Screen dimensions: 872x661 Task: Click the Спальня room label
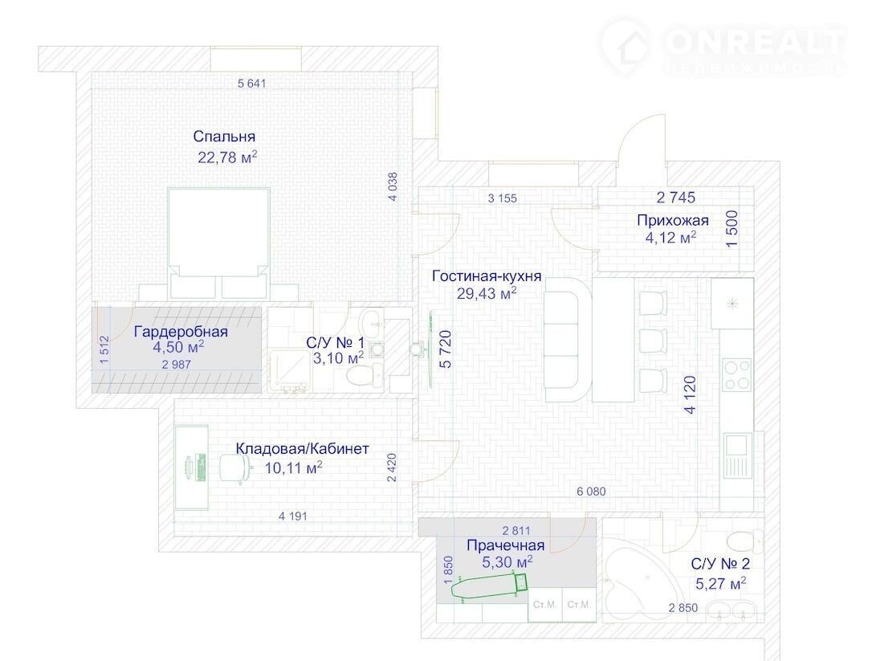pyautogui.click(x=224, y=137)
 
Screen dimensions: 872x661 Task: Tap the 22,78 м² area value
pyautogui.click(x=227, y=157)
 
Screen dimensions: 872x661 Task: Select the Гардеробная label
pyautogui.click(x=181, y=332)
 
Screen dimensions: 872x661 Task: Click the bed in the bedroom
pyautogui.click(x=218, y=243)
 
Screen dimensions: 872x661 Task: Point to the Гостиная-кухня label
pyautogui.click(x=487, y=276)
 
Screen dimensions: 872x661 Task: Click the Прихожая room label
pyautogui.click(x=673, y=220)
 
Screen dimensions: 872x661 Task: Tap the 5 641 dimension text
pyautogui.click(x=252, y=84)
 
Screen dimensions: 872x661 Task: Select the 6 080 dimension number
pyautogui.click(x=591, y=492)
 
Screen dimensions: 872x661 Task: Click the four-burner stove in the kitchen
pyautogui.click(x=737, y=374)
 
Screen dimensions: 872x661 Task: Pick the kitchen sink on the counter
pyautogui.click(x=738, y=455)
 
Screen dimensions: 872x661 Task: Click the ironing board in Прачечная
pyautogui.click(x=489, y=587)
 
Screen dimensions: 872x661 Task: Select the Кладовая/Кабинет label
pyautogui.click(x=303, y=448)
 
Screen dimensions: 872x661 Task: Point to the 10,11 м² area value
pyautogui.click(x=294, y=468)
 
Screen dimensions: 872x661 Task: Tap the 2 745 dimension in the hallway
pyautogui.click(x=676, y=198)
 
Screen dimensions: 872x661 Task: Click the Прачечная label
pyautogui.click(x=506, y=545)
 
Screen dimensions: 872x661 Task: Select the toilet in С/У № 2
pyautogui.click(x=744, y=540)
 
